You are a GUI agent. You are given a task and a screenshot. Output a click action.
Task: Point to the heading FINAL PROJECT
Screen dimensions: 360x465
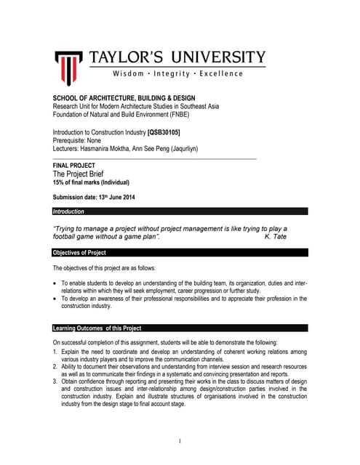[73, 166]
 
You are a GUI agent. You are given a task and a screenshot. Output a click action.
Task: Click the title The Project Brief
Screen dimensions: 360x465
[82, 174]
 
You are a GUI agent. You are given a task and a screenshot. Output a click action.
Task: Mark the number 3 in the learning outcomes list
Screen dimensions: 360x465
[55, 381]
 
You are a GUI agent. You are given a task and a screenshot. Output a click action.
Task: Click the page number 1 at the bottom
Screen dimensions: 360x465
[180, 442]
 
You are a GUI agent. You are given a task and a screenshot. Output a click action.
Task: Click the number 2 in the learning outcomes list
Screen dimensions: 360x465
[55, 366]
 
